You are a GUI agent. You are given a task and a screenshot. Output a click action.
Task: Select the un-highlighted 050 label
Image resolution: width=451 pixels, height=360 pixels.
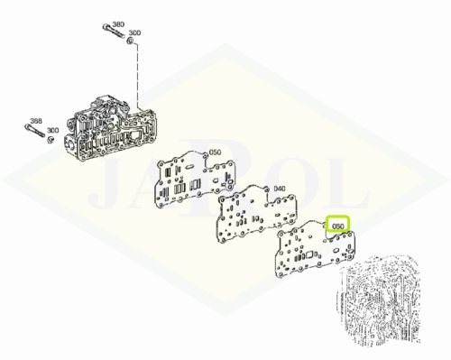coord(215,152)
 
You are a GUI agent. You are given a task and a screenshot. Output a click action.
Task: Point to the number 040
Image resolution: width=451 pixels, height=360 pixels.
coord(279,189)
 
